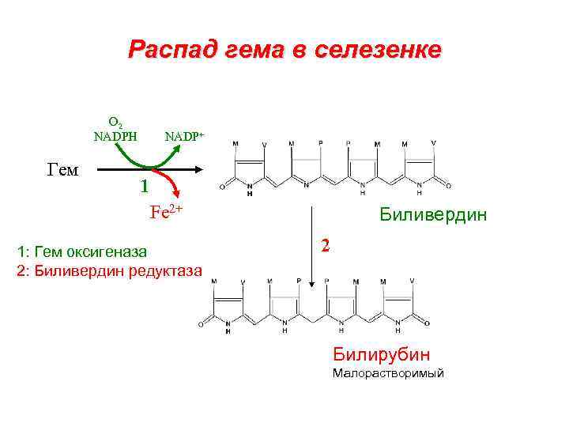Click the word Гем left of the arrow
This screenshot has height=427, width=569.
coord(63,168)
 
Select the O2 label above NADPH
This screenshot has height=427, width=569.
coord(115,123)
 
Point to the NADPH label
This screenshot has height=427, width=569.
coord(115,135)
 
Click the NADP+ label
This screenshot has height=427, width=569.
coord(184,136)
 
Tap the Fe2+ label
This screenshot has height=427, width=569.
coord(167,211)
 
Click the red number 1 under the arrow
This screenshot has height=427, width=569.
coord(143,187)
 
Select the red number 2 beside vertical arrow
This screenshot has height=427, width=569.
coord(325,245)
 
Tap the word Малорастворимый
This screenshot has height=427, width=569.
coord(388,373)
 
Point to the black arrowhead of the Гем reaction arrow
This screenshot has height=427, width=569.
coord(201,168)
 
